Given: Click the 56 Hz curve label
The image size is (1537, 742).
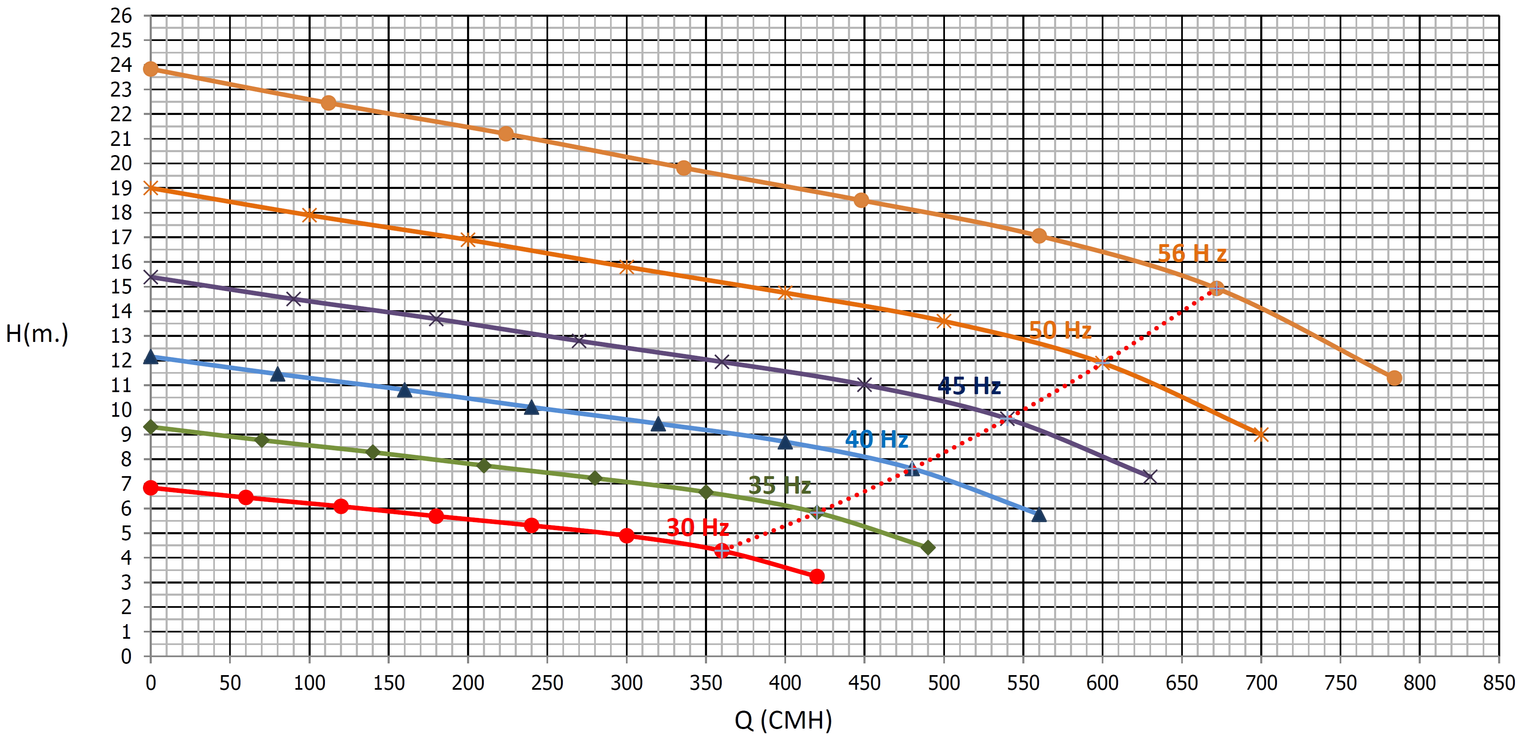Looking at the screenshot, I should click(1192, 253).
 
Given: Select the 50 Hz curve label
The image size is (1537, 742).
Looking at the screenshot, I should click(1060, 330).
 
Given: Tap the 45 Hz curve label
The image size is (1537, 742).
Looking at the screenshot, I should click(969, 386).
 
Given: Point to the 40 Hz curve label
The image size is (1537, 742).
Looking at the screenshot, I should click(876, 440).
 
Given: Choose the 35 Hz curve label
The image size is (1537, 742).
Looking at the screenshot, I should click(779, 485).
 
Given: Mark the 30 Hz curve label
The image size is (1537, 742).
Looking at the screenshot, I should click(697, 527).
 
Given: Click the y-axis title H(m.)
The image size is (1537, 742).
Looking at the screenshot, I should click(37, 334).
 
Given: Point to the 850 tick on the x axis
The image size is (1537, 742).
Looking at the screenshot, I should click(1498, 683).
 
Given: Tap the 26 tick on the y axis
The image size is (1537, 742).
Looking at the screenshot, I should click(121, 16).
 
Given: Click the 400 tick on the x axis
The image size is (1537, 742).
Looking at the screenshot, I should click(785, 683).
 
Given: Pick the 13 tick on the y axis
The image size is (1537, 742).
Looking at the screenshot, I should click(121, 336).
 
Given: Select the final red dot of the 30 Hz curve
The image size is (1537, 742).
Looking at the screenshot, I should click(817, 576).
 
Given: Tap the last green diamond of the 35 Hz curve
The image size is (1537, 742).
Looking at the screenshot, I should click(928, 548).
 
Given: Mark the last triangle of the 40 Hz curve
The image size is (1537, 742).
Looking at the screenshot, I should click(1039, 515).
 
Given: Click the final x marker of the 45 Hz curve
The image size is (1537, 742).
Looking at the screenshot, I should click(1150, 477).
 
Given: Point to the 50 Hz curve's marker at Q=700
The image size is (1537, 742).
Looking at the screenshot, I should click(1260, 435).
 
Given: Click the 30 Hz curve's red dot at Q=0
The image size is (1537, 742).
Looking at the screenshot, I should click(151, 488).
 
